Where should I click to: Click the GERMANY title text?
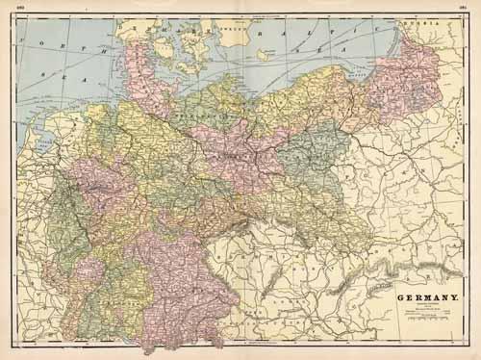pos(427,297)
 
